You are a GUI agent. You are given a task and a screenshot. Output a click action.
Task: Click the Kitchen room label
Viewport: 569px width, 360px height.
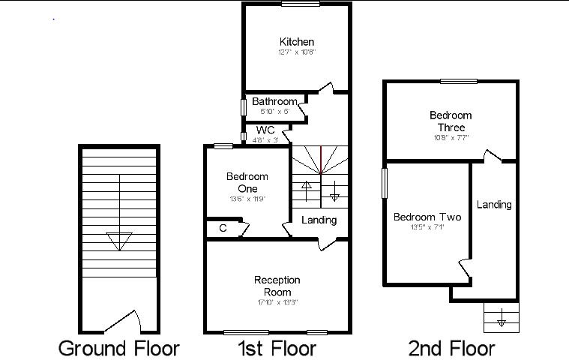pyautogui.click(x=297, y=42)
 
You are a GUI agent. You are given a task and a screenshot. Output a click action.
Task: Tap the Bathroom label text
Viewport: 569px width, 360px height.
pyautogui.click(x=274, y=101)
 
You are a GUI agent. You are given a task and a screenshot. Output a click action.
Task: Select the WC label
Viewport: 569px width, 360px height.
pyautogui.click(x=265, y=130)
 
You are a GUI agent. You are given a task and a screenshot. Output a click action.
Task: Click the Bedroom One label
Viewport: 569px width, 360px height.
pyautogui.click(x=247, y=182)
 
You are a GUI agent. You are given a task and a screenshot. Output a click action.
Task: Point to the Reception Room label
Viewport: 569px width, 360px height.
pyautogui.click(x=277, y=286)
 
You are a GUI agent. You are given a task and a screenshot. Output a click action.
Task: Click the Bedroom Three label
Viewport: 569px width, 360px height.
pyautogui.click(x=451, y=121)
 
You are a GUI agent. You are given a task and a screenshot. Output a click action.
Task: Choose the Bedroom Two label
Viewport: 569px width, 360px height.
pyautogui.click(x=427, y=217)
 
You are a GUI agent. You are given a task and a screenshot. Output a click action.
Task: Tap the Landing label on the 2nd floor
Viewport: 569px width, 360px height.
pyautogui.click(x=494, y=204)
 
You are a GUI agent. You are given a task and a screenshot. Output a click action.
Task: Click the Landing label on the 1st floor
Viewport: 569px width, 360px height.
pyautogui.click(x=319, y=220)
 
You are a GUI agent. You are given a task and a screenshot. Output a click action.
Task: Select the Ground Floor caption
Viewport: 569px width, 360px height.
pyautogui.click(x=119, y=348)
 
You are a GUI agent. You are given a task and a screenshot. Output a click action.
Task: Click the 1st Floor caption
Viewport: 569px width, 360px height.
pyautogui.click(x=277, y=348)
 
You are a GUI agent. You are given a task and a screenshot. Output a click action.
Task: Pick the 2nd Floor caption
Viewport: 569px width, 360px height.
pyautogui.click(x=451, y=348)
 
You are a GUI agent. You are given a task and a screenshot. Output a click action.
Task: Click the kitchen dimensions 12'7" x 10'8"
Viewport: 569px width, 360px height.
pyautogui.click(x=297, y=52)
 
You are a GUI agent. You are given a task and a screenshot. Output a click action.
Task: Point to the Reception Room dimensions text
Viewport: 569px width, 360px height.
pyautogui.click(x=277, y=302)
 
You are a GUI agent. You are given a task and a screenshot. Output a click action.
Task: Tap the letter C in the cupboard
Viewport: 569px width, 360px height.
pyautogui.click(x=223, y=228)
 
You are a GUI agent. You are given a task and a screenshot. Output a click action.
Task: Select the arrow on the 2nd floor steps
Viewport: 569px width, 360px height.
pyautogui.click(x=502, y=322)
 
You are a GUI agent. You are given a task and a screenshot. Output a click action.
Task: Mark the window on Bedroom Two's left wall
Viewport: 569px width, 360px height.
pyautogui.click(x=385, y=182)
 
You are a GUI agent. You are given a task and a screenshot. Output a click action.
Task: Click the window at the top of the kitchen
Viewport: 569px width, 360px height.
pyautogui.click(x=296, y=4)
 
